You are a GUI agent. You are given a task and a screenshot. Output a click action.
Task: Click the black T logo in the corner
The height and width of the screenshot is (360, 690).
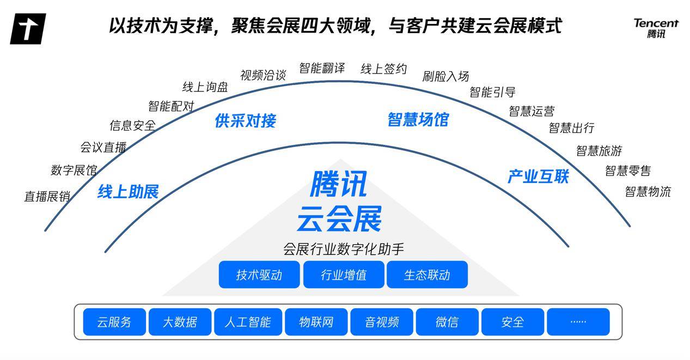tap(28, 29)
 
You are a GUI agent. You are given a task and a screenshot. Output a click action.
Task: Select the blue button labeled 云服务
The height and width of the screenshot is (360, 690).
tap(114, 322)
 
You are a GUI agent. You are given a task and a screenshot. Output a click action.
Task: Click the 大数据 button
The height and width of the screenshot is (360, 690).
tap(180, 322)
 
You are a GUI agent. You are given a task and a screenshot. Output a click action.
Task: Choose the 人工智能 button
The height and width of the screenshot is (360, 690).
tap(248, 322)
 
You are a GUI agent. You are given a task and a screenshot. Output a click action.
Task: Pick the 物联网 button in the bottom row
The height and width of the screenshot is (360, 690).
tap(316, 322)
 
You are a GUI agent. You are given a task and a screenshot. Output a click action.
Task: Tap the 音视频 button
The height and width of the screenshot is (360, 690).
tap(382, 322)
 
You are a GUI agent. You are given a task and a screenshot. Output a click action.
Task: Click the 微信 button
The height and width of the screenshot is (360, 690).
tap(447, 322)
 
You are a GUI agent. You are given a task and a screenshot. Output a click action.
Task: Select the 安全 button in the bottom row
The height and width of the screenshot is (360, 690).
tap(512, 322)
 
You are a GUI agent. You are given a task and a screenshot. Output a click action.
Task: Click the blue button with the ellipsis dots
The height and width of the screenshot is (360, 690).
tap(578, 322)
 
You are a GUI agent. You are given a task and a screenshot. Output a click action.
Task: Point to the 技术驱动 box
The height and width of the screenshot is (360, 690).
tap(259, 274)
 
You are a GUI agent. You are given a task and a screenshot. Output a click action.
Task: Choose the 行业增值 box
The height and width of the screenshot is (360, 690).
tap(344, 274)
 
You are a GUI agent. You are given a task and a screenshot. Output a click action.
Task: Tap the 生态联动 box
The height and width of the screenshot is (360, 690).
tap(427, 274)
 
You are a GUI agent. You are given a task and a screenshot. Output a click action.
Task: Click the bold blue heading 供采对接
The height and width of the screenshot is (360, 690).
tap(246, 120)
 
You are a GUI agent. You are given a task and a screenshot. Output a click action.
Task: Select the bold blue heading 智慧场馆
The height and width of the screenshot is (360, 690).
tap(418, 119)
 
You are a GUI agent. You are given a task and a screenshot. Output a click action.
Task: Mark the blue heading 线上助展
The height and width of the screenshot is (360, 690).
tap(128, 192)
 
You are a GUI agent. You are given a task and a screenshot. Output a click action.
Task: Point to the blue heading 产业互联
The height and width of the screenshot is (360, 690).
tap(538, 176)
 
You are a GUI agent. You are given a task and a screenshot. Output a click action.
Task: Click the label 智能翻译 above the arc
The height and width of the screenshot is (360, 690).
tap(322, 68)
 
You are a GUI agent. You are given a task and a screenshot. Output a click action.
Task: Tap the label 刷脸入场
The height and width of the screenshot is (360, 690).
tap(445, 76)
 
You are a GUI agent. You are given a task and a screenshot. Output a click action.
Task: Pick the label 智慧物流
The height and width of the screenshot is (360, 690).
tap(648, 192)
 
